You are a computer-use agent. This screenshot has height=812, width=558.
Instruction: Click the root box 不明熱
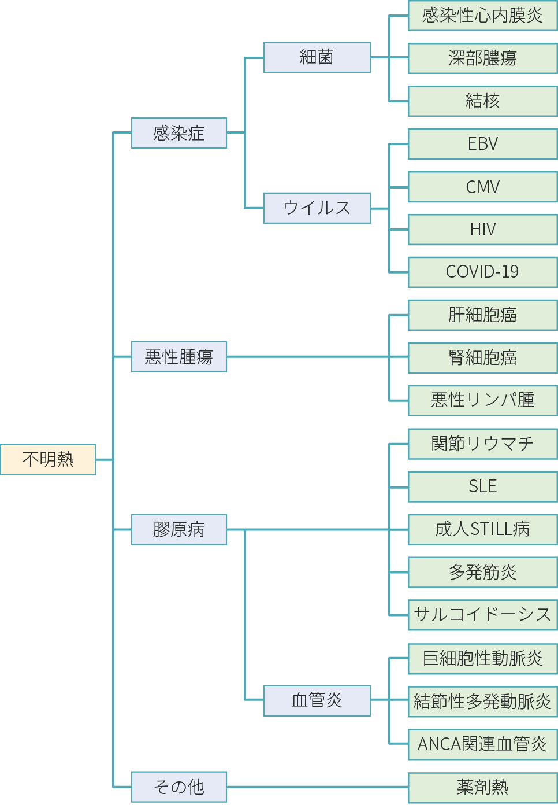tap(48, 459)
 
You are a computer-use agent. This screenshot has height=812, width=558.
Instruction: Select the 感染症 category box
tap(179, 133)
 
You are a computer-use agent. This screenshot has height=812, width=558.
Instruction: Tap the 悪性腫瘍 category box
tap(179, 356)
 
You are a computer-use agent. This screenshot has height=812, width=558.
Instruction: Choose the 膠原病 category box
tap(179, 529)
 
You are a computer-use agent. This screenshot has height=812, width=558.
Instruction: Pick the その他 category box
tap(179, 787)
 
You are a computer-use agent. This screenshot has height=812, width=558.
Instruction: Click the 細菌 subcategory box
tap(317, 57)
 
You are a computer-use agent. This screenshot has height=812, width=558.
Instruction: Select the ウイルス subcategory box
tap(317, 208)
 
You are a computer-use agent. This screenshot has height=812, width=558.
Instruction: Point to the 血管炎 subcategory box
tap(317, 700)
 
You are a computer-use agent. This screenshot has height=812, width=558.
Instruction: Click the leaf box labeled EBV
tap(482, 144)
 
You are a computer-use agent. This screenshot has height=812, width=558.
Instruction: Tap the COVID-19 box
tap(482, 272)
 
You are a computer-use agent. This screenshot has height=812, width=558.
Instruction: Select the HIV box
tap(482, 230)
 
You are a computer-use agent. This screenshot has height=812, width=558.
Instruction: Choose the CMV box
tap(482, 187)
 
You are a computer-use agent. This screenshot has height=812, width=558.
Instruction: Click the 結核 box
tap(482, 101)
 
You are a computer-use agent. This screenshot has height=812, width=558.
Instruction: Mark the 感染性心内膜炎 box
tap(482, 16)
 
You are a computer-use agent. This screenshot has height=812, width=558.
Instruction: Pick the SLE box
tap(482, 486)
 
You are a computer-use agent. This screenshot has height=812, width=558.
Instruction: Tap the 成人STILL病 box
tap(482, 529)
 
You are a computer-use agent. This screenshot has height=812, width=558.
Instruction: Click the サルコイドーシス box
tap(482, 614)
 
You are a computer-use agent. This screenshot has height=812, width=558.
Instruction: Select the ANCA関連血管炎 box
tap(482, 744)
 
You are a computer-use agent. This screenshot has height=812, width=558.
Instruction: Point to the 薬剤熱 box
tap(482, 787)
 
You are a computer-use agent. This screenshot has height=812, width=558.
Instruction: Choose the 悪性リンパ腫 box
tap(482, 400)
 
